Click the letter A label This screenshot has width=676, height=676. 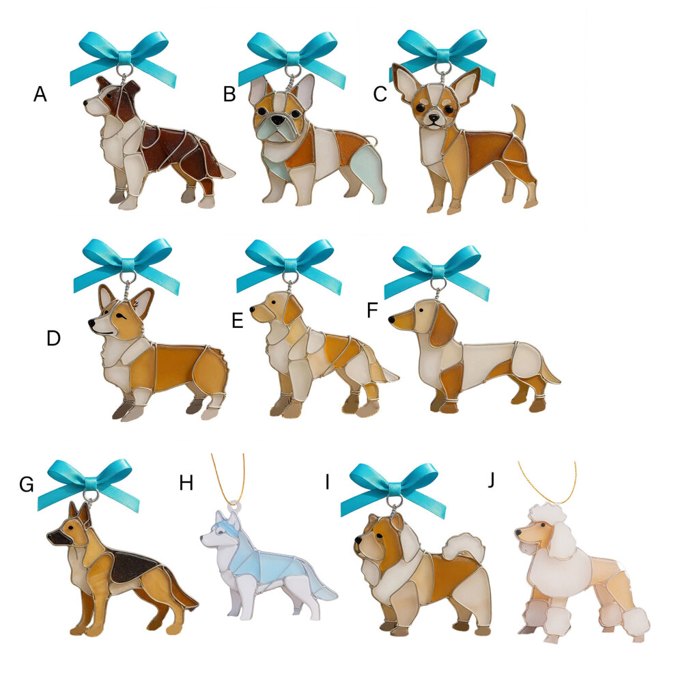[40, 94]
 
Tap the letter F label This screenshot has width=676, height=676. [372, 310]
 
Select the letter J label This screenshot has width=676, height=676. [492, 480]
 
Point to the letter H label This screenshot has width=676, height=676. [186, 483]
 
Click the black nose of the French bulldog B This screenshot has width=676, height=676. [278, 121]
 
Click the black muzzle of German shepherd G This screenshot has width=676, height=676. [57, 539]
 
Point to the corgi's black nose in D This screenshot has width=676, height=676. [91, 322]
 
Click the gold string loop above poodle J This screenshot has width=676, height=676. [548, 483]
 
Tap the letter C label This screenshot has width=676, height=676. [380, 94]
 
